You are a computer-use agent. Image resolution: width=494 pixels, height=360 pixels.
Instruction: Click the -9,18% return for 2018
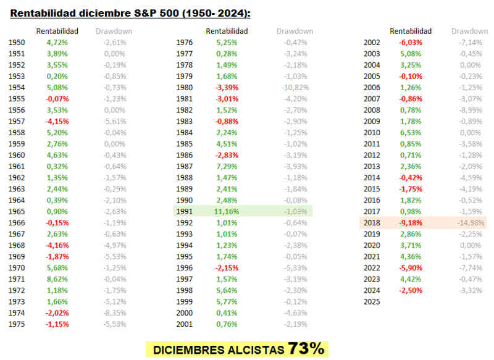[x=410, y=223]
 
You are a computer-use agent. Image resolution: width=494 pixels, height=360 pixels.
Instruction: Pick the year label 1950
[x=17, y=43]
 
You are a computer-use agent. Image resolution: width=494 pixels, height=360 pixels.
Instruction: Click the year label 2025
[x=372, y=302]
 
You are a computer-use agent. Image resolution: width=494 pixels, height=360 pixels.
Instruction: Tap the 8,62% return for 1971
[x=57, y=279]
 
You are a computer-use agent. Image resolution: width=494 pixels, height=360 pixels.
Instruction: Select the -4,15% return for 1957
[x=57, y=122]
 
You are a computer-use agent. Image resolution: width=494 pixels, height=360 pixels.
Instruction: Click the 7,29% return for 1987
[x=227, y=167]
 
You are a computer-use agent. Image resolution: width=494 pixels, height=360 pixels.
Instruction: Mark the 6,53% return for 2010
[x=410, y=133]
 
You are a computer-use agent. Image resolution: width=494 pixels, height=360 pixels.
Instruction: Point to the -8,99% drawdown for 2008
[x=469, y=110]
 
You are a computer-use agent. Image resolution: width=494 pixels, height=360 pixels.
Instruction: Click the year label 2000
[x=185, y=313]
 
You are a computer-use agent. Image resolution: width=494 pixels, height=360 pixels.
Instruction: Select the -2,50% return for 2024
[x=410, y=290]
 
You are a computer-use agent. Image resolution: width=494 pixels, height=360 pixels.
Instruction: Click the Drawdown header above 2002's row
[x=469, y=31]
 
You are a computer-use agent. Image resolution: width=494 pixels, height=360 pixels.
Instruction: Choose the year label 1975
[x=17, y=324]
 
